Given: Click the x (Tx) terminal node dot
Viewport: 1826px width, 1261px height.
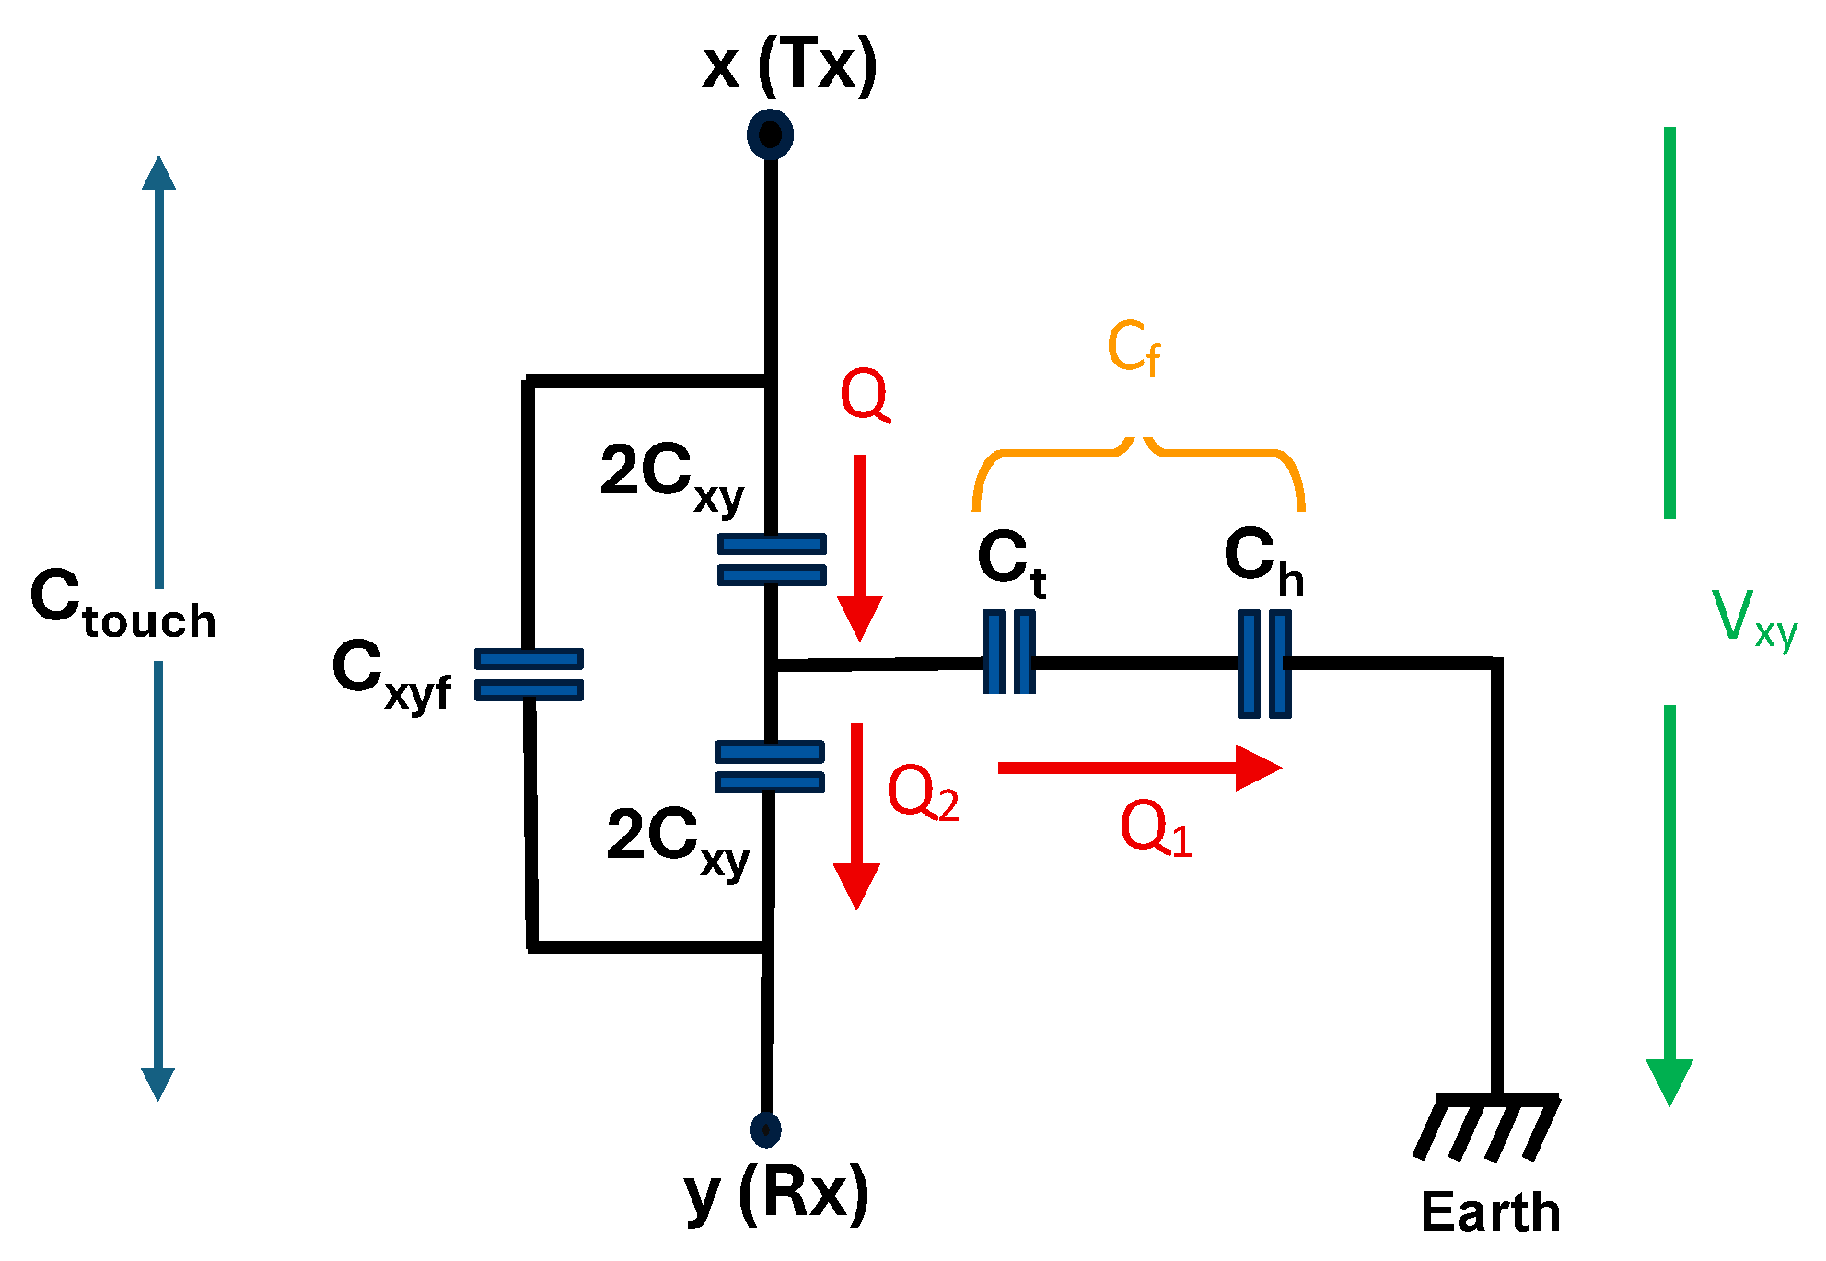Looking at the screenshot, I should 770,134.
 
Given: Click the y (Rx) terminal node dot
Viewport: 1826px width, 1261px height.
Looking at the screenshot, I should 765,1129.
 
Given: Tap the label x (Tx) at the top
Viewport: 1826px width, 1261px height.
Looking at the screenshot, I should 789,65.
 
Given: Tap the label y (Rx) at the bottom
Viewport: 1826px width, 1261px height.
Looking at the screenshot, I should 776,1194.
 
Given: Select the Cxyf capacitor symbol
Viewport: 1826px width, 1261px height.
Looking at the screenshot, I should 529,675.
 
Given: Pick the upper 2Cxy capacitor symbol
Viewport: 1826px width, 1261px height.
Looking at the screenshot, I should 772,560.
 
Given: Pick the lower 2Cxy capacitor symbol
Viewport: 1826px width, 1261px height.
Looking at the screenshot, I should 770,767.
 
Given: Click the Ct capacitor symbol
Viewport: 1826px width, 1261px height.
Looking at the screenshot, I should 1008,653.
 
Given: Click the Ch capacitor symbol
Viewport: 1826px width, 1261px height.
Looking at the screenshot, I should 1263,664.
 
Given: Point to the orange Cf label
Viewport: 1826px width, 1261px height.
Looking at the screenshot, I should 1133,348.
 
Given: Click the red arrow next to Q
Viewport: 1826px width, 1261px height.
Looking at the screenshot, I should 859,548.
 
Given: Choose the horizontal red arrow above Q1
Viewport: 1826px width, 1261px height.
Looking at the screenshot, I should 1139,768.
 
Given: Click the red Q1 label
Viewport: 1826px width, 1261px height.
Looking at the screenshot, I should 1155,828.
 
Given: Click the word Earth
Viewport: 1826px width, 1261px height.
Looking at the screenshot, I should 1490,1211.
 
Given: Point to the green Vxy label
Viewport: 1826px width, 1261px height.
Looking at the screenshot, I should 1753,618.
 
